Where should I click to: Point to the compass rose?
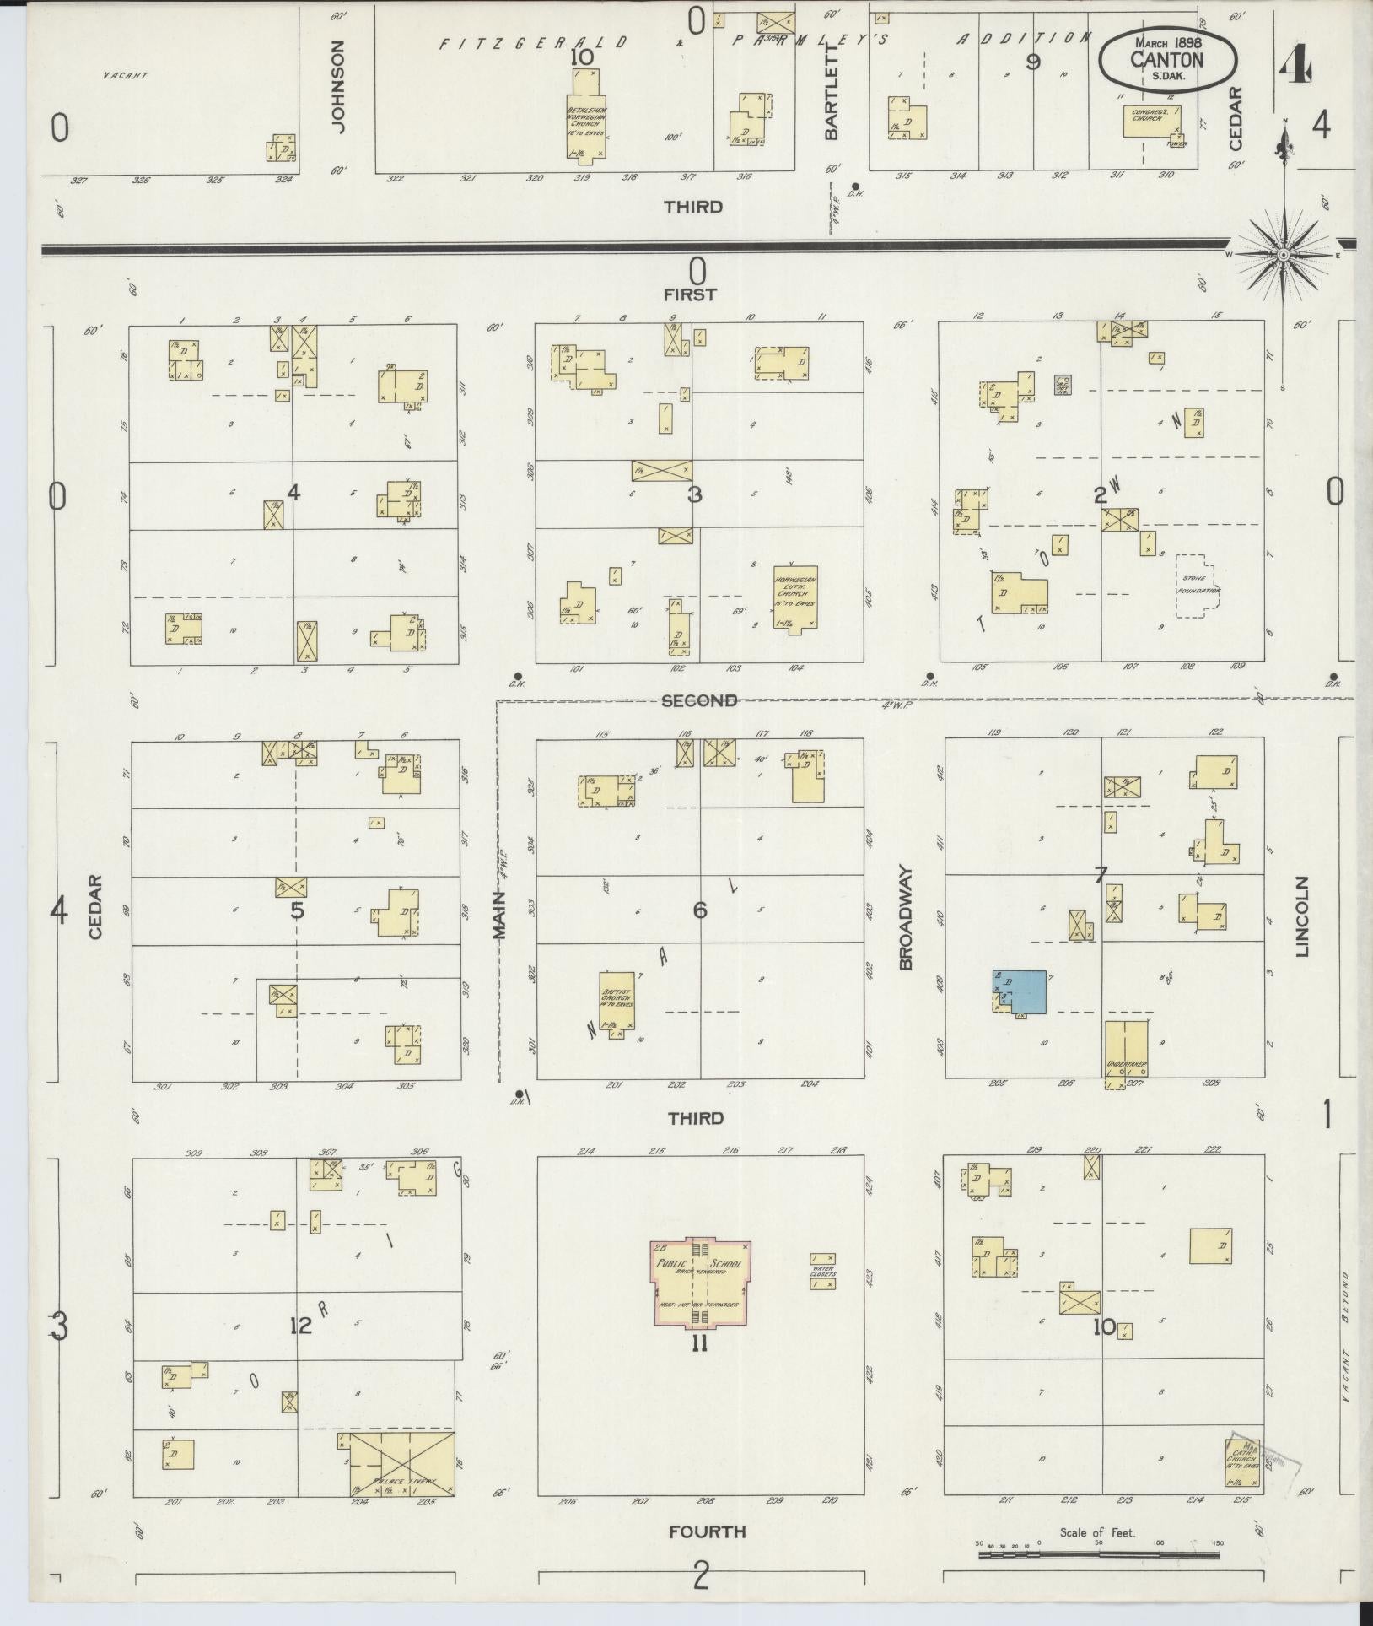pyautogui.click(x=1283, y=254)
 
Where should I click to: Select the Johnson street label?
pyautogui.click(x=338, y=86)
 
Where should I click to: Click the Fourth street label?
pyautogui.click(x=707, y=1531)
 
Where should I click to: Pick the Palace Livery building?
pyautogui.click(x=402, y=1463)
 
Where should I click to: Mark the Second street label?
pyautogui.click(x=699, y=700)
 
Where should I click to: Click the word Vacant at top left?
pyautogui.click(x=125, y=76)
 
